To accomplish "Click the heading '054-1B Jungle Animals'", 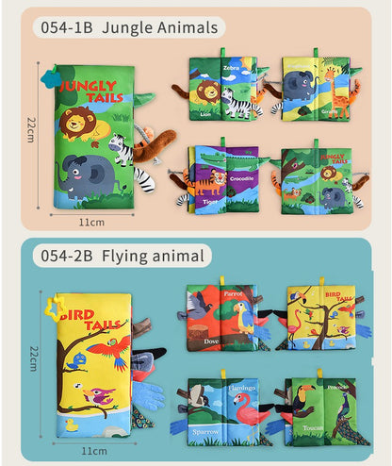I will tap(129, 28).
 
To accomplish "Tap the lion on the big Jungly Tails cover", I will tap(79, 125).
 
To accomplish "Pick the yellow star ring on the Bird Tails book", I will tap(57, 305).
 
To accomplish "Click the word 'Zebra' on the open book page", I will tap(232, 69).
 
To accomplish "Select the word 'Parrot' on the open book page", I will tap(233, 293).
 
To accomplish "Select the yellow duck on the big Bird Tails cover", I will tap(72, 425).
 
